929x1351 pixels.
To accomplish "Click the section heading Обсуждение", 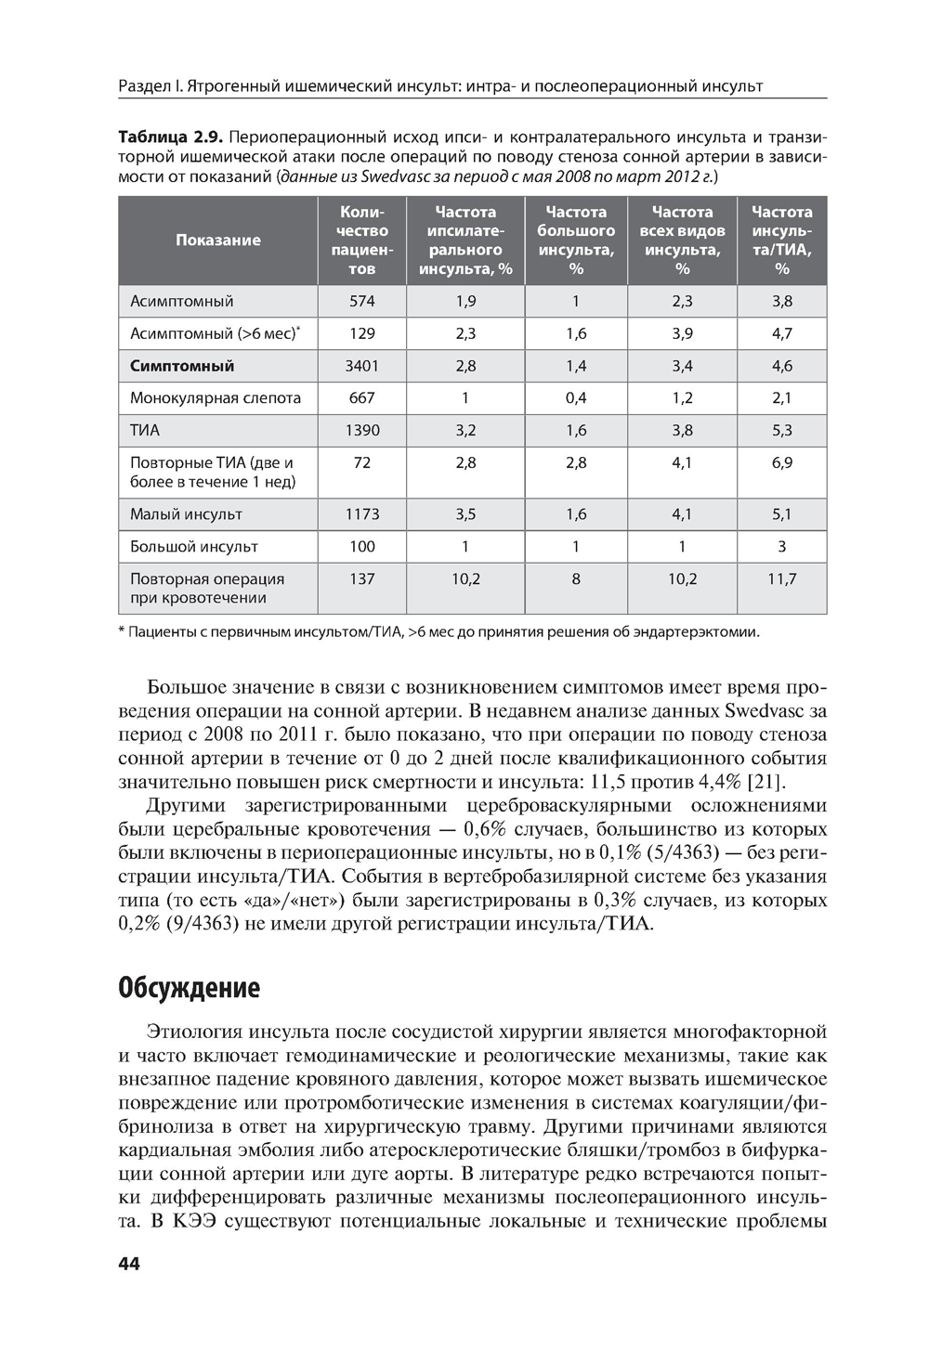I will pyautogui.click(x=189, y=988).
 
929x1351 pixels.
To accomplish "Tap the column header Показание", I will pyautogui.click(x=218, y=240).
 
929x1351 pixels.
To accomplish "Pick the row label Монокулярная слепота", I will pyautogui.click(x=216, y=398).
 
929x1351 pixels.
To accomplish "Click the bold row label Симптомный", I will pyautogui.click(x=182, y=366).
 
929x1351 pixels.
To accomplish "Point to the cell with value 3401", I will pyautogui.click(x=361, y=366).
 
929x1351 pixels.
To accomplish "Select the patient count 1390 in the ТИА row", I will pyautogui.click(x=361, y=430).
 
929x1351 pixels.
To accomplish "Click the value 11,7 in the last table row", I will pyautogui.click(x=781, y=578).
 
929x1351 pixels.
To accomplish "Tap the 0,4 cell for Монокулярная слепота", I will pyautogui.click(x=576, y=398).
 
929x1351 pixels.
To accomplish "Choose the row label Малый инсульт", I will pyautogui.click(x=186, y=514).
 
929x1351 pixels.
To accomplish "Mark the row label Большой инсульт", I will pyautogui.click(x=194, y=547).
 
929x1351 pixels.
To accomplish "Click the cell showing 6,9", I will pyautogui.click(x=781, y=462).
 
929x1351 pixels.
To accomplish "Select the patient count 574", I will pyautogui.click(x=361, y=301).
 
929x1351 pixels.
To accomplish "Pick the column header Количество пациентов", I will pyautogui.click(x=361, y=240).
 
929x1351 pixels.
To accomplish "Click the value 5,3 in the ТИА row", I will pyautogui.click(x=781, y=430).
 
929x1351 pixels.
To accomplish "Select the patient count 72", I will pyautogui.click(x=361, y=462).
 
